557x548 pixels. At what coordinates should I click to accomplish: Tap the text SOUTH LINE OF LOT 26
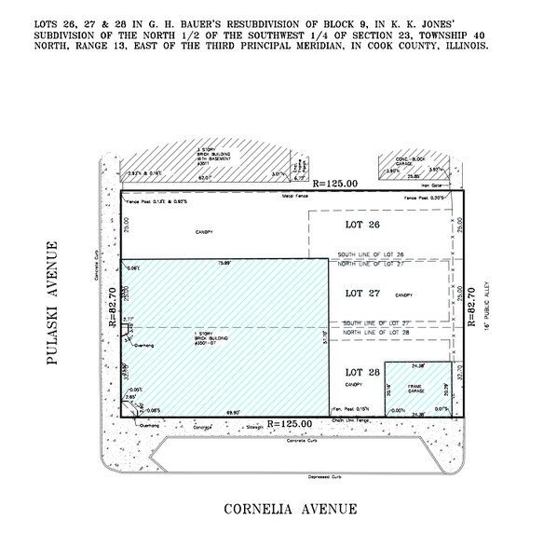coord(371,255)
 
